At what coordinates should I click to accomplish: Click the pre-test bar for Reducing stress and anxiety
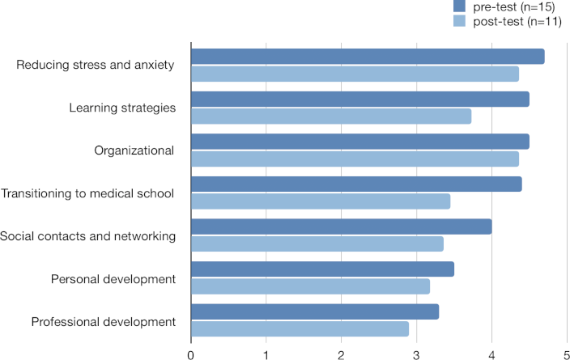pyautogui.click(x=367, y=57)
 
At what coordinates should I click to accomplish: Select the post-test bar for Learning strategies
pyautogui.click(x=330, y=116)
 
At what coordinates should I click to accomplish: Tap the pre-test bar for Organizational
pyautogui.click(x=359, y=142)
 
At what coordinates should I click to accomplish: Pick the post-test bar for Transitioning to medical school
pyautogui.click(x=320, y=201)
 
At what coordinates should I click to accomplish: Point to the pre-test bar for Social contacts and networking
pyautogui.click(x=341, y=227)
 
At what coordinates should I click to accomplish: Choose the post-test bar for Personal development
pyautogui.click(x=310, y=286)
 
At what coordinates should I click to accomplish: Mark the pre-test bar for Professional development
pyautogui.click(x=314, y=311)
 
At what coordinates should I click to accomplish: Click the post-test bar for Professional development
pyautogui.click(x=300, y=328)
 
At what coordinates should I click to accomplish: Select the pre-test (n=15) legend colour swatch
pyautogui.click(x=460, y=7)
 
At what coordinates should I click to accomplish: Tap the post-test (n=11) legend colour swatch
pyautogui.click(x=460, y=21)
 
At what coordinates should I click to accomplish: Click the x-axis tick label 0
pyautogui.click(x=191, y=354)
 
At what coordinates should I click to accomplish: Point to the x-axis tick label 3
pyautogui.click(x=416, y=354)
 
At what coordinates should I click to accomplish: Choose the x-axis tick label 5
pyautogui.click(x=566, y=354)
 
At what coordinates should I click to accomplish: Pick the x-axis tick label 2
pyautogui.click(x=341, y=354)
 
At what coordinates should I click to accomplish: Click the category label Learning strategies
pyautogui.click(x=122, y=108)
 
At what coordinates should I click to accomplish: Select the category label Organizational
pyautogui.click(x=134, y=150)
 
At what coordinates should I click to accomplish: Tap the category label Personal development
pyautogui.click(x=113, y=279)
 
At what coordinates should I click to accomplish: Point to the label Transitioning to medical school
pyautogui.click(x=87, y=193)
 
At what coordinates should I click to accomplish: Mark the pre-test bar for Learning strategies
pyautogui.click(x=359, y=99)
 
